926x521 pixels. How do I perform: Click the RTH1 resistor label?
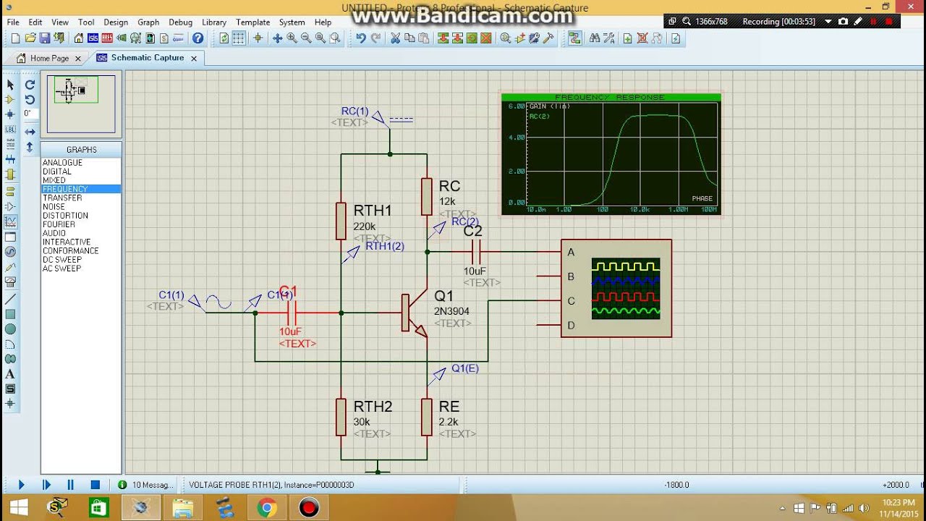373,211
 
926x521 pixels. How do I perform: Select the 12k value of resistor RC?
447,202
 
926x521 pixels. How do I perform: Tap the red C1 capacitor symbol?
292,313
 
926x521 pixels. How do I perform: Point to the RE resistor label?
449,407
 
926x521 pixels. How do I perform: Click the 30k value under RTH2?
362,422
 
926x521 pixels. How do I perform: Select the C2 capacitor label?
472,232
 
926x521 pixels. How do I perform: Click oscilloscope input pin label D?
571,326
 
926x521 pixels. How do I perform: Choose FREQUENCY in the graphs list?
65,189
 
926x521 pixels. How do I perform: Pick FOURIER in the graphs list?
59,224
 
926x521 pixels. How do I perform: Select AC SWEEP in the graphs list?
61,268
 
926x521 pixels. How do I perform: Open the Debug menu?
180,22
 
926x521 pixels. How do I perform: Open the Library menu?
213,22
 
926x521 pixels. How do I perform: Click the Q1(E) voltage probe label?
465,368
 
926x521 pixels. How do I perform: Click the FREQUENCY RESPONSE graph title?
609,97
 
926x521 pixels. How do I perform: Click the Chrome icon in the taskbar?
267,508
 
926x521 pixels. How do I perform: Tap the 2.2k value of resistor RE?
449,422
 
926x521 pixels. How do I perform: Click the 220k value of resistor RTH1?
365,226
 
